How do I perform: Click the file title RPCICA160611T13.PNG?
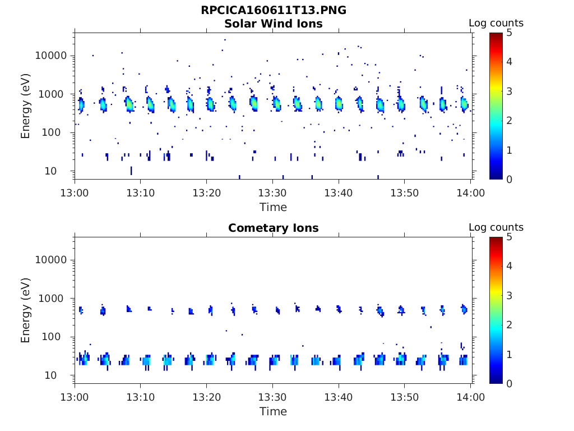pos(273,11)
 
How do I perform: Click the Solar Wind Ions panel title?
pos(273,24)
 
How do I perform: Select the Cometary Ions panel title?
pos(273,228)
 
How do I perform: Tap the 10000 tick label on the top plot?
pos(51,56)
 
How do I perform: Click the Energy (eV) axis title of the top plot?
pos(26,106)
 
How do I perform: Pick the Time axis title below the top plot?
pos(273,208)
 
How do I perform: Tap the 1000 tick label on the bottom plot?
pos(54,299)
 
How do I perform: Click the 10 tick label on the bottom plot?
pos(59,375)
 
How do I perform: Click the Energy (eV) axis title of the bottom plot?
pos(26,310)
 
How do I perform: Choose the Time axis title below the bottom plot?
pos(273,412)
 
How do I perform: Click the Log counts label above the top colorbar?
pos(496,24)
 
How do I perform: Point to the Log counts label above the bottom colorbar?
pos(496,228)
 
